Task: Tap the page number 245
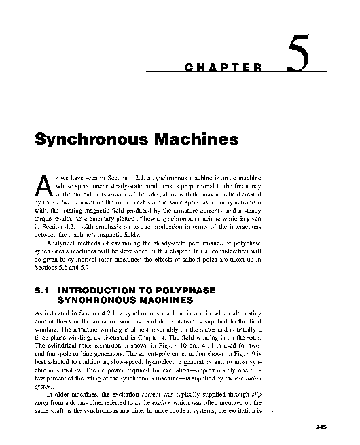(x=322, y=426)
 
